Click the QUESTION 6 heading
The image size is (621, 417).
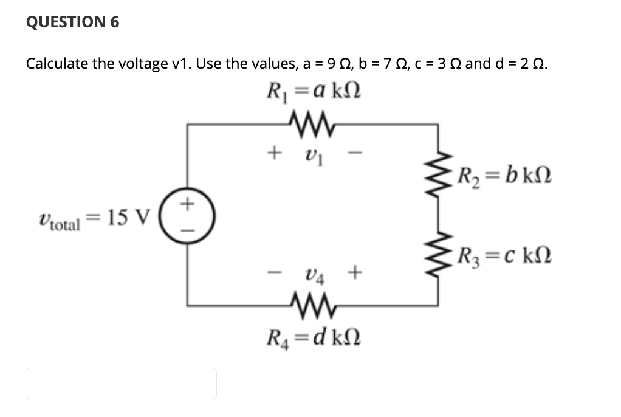pos(73,22)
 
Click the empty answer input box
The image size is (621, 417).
pos(121,384)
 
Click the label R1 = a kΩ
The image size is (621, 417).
pos(313,92)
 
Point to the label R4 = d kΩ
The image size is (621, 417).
pos(313,337)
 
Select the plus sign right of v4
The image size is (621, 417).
pos(354,273)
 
